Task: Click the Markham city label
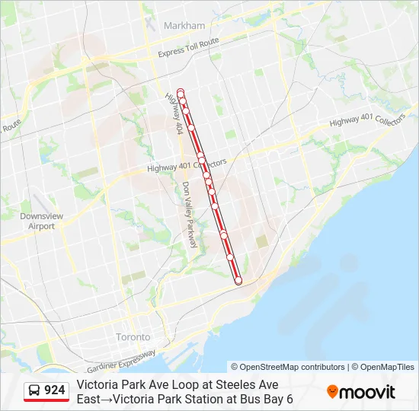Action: pos(184,25)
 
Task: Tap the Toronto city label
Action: pos(133,336)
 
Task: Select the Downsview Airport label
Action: pos(37,221)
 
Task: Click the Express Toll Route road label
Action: pos(188,47)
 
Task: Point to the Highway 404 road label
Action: pos(174,114)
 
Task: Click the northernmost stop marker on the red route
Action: pos(181,92)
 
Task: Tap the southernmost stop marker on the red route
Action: pos(238,281)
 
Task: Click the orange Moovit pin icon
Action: pos(332,392)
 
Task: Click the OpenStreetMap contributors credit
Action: pos(288,367)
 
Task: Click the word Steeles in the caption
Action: pos(228,385)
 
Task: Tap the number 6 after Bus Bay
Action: pos(289,399)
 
